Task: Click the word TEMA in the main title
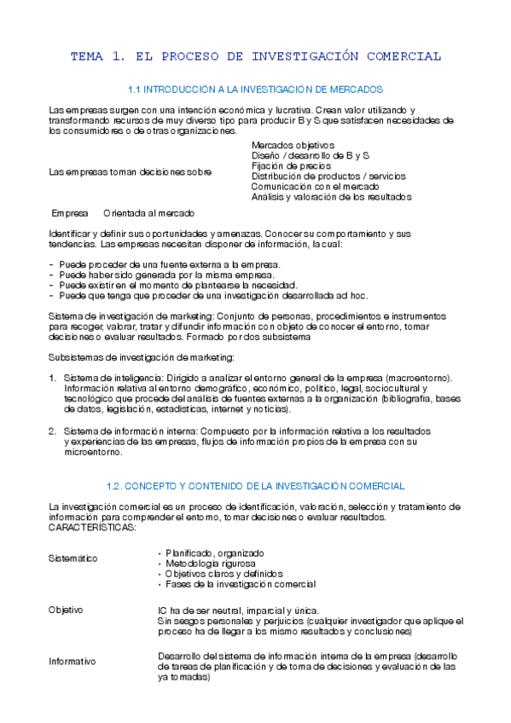point(85,57)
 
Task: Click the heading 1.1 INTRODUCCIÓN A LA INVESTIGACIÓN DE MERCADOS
point(255,90)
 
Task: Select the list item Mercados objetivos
point(293,146)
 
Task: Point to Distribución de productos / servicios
point(328,176)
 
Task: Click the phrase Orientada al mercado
point(148,213)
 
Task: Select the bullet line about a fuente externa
point(165,265)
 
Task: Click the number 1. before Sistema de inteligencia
point(53,378)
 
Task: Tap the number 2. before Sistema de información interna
point(53,431)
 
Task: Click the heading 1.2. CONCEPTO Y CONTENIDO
point(255,486)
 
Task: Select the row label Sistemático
point(73,558)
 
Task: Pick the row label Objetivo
point(66,610)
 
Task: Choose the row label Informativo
point(73,662)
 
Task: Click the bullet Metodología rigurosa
point(210,564)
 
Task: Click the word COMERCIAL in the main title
point(404,57)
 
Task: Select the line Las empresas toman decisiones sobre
point(131,172)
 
